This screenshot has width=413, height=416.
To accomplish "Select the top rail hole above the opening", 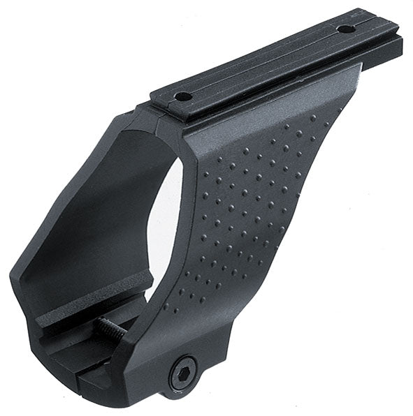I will coord(183,97).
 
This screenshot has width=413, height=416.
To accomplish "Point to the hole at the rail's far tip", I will coord(345,29).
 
